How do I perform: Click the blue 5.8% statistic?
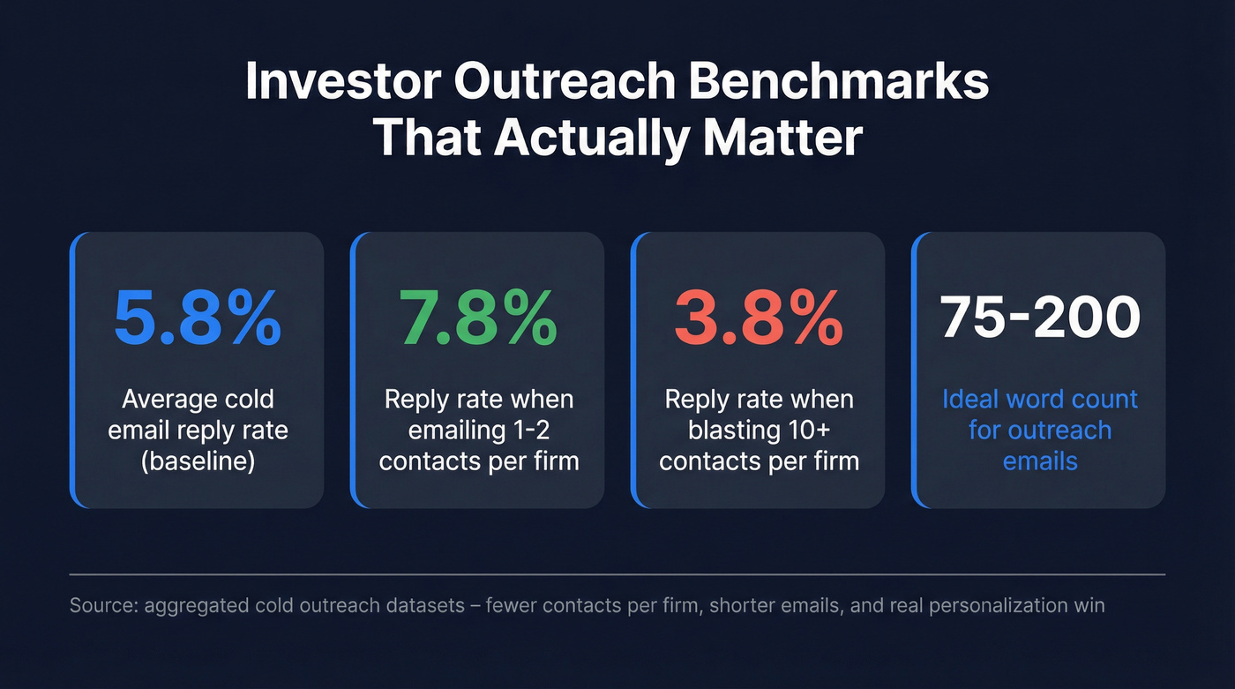198,319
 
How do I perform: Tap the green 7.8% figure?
478,319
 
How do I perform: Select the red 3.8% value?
759,319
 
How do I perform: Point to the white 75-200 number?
1040,318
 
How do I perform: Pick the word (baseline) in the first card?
198,461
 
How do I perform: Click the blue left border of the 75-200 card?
914,371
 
